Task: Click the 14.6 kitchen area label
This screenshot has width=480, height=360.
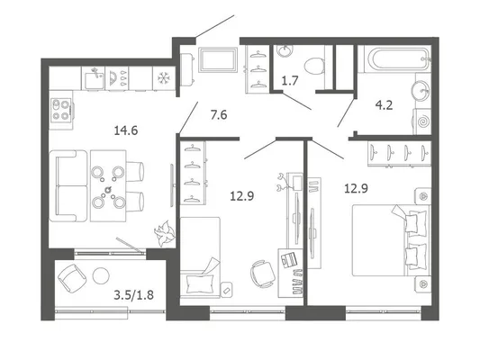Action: pyautogui.click(x=126, y=130)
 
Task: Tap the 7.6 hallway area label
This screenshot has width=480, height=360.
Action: pyautogui.click(x=219, y=115)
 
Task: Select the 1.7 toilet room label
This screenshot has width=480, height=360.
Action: pyautogui.click(x=290, y=81)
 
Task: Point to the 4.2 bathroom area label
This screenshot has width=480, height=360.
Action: pyautogui.click(x=384, y=105)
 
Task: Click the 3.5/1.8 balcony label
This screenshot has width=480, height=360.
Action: pyautogui.click(x=133, y=295)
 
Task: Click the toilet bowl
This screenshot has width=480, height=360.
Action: pyautogui.click(x=315, y=66)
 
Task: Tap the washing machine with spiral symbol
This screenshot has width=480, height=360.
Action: pyautogui.click(x=422, y=121)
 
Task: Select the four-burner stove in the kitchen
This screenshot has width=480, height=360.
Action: pyautogui.click(x=61, y=110)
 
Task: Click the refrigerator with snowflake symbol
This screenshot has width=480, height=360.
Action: pyautogui.click(x=164, y=78)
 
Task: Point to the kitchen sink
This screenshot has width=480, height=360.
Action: pyautogui.click(x=94, y=78)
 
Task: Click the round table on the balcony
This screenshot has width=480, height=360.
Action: pyautogui.click(x=101, y=275)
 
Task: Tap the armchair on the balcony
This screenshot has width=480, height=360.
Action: pyautogui.click(x=72, y=279)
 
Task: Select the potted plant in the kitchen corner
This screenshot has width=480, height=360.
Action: pyautogui.click(x=165, y=233)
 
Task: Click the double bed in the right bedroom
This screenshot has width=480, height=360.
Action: pyautogui.click(x=391, y=240)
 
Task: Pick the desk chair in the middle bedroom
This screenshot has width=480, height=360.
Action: pyautogui.click(x=263, y=274)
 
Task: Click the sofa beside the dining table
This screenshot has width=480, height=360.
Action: pyautogui.click(x=68, y=185)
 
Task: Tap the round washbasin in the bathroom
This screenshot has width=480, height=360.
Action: pyautogui.click(x=421, y=91)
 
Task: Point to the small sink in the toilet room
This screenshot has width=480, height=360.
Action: pyautogui.click(x=285, y=51)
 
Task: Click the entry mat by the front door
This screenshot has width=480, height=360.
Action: pyautogui.click(x=218, y=59)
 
